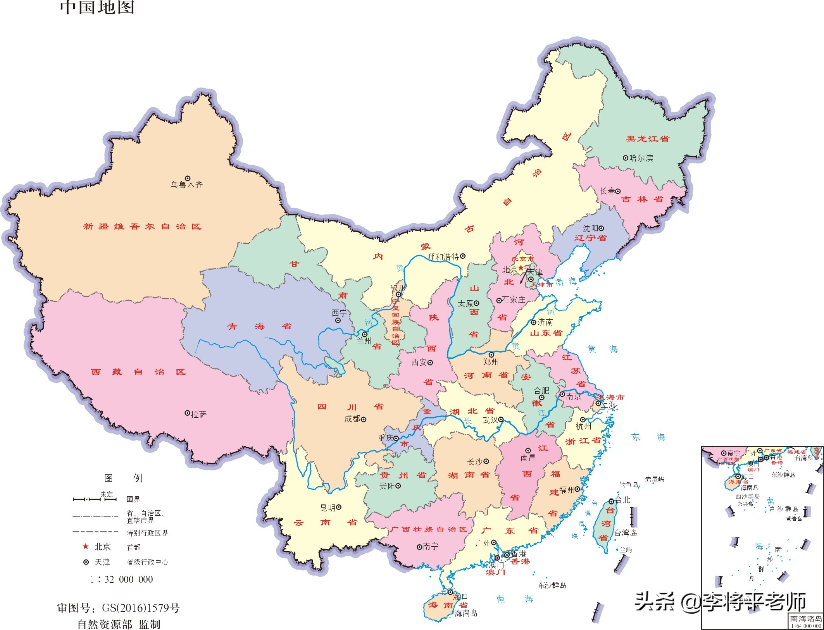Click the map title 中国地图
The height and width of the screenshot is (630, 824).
click(x=97, y=8)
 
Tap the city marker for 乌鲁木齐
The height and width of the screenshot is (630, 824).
click(x=188, y=179)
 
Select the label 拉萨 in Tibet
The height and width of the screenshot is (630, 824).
click(x=199, y=415)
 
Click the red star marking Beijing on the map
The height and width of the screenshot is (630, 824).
click(x=521, y=268)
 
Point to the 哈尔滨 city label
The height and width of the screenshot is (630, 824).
click(x=641, y=158)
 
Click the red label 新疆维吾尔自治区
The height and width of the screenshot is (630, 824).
click(x=142, y=227)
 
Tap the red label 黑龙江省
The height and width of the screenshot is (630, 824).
click(x=648, y=139)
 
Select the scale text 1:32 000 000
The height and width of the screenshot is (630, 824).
click(x=122, y=580)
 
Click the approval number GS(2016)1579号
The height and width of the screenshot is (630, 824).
click(x=141, y=608)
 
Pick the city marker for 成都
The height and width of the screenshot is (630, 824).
click(x=364, y=419)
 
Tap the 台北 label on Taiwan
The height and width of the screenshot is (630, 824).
click(x=623, y=500)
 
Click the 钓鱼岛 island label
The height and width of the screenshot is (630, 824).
click(x=628, y=484)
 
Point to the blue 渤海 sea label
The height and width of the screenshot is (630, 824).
click(x=566, y=282)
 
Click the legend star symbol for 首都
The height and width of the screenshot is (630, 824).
click(x=86, y=547)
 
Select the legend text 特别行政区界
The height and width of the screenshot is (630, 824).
click(x=147, y=533)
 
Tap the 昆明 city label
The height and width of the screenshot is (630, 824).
click(x=328, y=508)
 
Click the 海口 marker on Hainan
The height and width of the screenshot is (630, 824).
click(x=450, y=592)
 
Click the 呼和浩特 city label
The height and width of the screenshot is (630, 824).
click(x=443, y=257)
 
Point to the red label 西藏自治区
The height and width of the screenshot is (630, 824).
click(x=138, y=372)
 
